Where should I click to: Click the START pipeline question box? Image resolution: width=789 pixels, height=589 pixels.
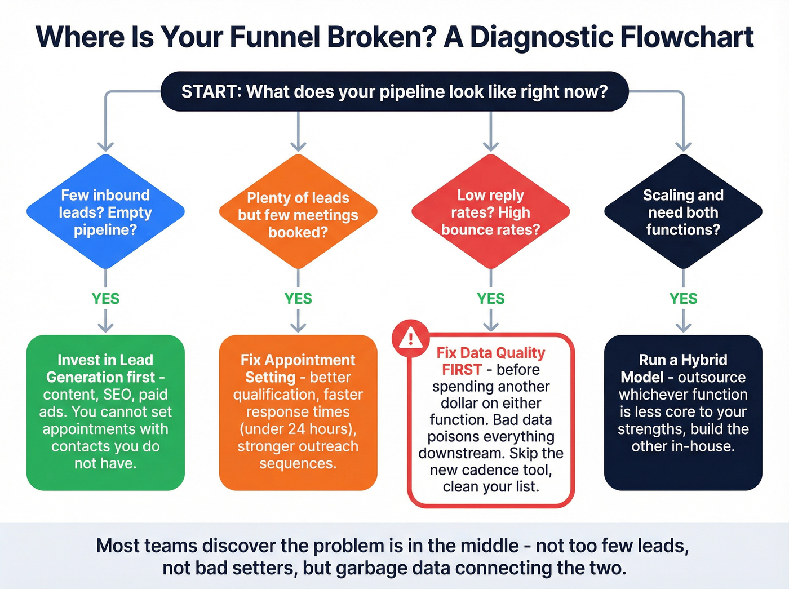[394, 91]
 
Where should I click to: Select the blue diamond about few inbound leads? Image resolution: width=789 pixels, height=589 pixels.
[105, 212]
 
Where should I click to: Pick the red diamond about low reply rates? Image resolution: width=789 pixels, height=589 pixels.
[490, 212]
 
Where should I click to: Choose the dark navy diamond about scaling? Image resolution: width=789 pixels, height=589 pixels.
[683, 212]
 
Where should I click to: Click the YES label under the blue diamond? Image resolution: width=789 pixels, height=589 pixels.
[105, 298]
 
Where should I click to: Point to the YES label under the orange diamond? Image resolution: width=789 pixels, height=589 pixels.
[298, 298]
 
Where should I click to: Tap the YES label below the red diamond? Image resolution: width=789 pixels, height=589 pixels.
[490, 298]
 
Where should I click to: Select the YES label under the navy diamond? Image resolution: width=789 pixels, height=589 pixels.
[683, 298]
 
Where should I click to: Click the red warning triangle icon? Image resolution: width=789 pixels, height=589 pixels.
[410, 338]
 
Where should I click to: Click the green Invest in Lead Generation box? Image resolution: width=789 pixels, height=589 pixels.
[105, 412]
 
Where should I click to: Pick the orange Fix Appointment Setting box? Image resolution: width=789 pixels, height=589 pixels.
[298, 412]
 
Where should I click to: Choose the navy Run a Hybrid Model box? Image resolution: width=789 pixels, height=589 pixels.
[683, 412]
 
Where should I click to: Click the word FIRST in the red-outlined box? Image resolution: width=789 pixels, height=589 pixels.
[462, 370]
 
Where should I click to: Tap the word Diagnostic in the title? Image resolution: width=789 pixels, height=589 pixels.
[541, 37]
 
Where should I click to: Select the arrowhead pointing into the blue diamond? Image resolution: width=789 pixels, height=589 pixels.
[105, 147]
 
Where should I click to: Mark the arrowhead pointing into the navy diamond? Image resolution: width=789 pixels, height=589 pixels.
[683, 147]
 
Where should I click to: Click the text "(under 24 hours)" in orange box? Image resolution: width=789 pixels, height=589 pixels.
[298, 429]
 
